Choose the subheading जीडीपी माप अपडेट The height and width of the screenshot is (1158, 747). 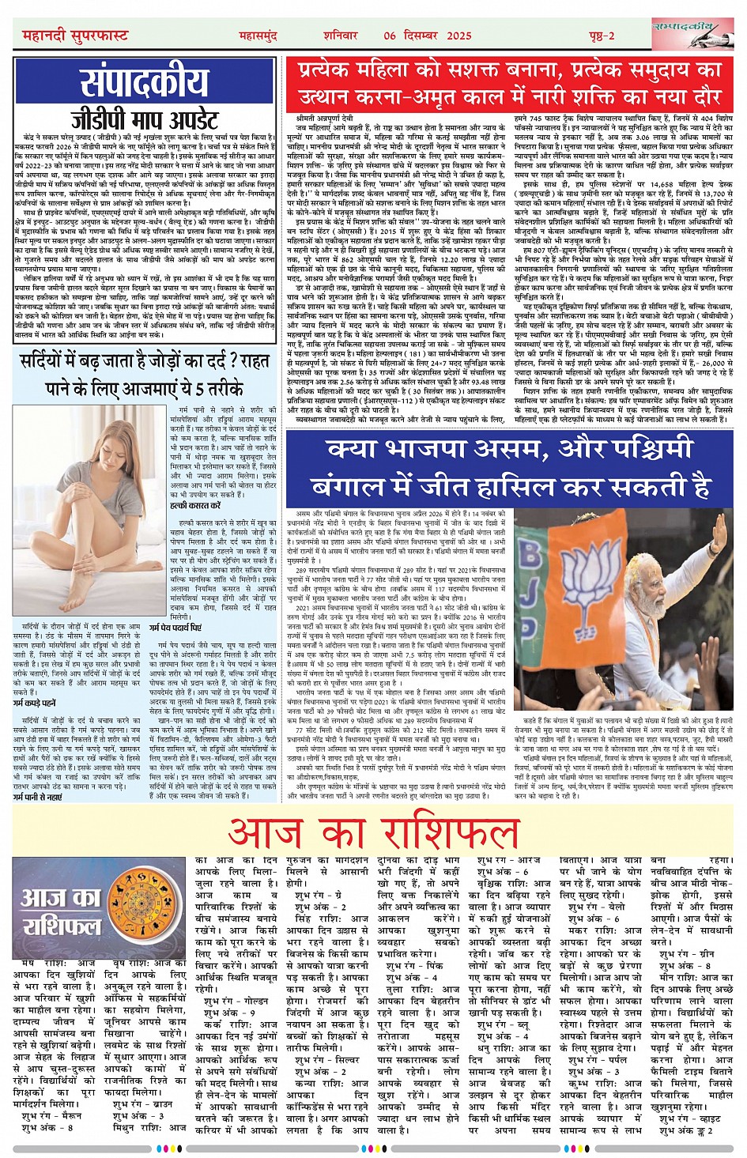(x=144, y=119)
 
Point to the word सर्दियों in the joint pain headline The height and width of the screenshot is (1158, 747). (x=55, y=363)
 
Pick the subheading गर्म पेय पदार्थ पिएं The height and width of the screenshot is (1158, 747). (x=180, y=627)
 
